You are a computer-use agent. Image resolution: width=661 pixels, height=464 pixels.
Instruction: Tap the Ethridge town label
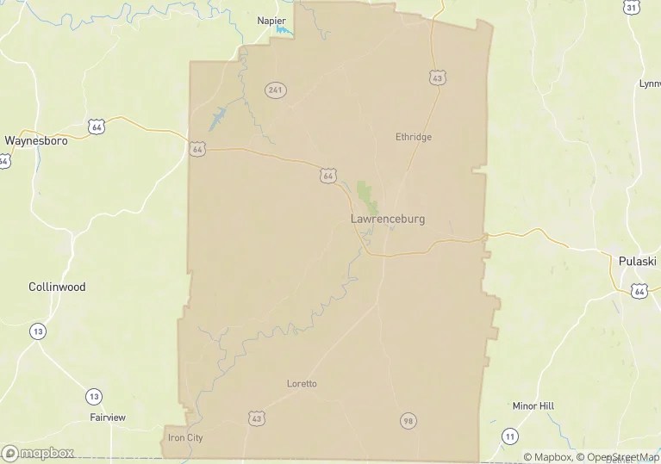point(413,137)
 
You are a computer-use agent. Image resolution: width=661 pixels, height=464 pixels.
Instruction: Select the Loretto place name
point(302,383)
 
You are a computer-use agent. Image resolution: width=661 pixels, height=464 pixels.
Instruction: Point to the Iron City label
point(185,437)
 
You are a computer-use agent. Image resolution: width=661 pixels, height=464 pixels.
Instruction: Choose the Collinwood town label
point(57,287)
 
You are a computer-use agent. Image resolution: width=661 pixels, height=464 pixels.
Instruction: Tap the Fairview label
point(108,418)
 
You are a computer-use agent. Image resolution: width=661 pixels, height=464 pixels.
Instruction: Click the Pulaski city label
point(639,260)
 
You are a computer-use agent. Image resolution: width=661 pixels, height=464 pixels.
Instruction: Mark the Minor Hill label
point(533,405)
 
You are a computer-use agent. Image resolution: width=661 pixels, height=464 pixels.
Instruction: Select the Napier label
point(271,20)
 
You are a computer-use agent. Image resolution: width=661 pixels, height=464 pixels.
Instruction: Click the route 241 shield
point(276,90)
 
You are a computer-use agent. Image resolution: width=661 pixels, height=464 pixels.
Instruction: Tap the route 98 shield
point(408,420)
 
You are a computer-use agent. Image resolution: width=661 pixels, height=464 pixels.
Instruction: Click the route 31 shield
point(632,8)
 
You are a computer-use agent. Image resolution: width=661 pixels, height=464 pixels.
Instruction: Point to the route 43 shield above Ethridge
point(437,78)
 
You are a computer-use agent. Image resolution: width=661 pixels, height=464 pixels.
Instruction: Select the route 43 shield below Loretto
point(256,418)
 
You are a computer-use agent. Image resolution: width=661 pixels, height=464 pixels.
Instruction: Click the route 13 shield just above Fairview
point(94,396)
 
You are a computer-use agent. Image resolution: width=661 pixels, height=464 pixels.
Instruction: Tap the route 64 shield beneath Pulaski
point(639,291)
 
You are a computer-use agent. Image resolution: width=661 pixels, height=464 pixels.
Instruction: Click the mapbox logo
point(39,452)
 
